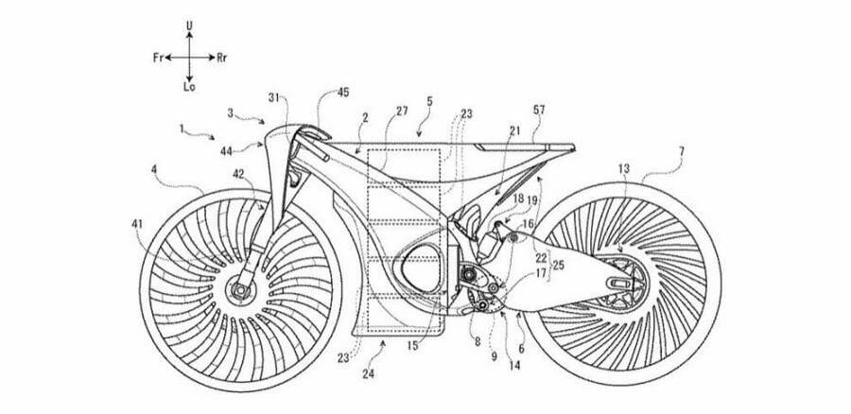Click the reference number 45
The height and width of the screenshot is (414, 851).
click(343, 93)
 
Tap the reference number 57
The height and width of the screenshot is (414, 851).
click(539, 111)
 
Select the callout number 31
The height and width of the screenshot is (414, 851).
click(274, 97)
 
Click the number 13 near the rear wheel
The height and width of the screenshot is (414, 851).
click(624, 169)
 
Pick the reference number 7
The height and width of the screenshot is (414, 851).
click(682, 151)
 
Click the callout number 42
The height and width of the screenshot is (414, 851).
click(239, 174)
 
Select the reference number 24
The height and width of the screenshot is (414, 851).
click(369, 373)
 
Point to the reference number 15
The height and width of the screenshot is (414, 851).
click(412, 345)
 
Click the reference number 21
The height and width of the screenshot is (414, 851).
click(514, 129)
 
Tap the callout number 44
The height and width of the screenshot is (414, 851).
click(226, 152)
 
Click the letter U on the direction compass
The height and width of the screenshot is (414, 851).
click(189, 26)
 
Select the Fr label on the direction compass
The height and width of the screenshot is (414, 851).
click(159, 58)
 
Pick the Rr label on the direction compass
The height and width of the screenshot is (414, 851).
click(221, 58)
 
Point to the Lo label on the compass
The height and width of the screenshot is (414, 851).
click(189, 87)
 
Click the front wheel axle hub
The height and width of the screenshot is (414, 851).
click(239, 291)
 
